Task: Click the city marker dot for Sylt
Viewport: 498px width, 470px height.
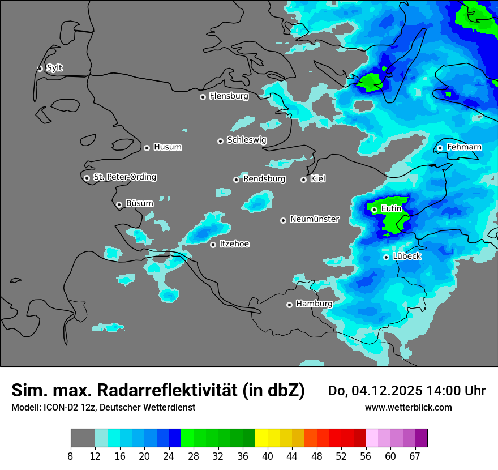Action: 40,69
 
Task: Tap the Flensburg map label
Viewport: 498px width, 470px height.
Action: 229,96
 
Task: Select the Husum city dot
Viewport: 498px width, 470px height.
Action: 147,148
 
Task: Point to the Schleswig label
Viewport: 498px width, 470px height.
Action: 246,140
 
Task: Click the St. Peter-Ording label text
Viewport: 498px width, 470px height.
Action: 124,177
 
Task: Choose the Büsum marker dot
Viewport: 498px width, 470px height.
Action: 119,204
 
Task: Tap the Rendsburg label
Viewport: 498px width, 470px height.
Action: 264,179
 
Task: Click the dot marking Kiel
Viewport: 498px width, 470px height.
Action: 303,180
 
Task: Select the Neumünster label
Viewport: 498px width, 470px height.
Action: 314,219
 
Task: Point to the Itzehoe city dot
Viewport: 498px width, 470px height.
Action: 213,245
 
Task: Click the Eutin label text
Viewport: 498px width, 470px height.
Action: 391,209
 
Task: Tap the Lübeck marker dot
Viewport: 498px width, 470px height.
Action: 386,257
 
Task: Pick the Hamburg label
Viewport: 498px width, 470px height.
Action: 314,304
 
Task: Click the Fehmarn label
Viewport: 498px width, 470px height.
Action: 464,147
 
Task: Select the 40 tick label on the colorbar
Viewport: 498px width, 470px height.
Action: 268,456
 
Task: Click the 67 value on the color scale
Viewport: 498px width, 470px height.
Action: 415,456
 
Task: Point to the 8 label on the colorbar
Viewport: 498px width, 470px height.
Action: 71,456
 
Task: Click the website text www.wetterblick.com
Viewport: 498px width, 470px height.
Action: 408,407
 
